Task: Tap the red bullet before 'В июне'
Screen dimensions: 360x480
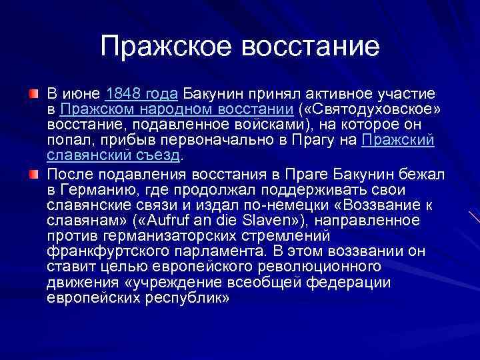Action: [x=34, y=93]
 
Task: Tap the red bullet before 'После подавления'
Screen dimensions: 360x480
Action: [x=34, y=175]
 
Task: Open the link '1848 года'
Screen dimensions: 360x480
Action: [x=141, y=93]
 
